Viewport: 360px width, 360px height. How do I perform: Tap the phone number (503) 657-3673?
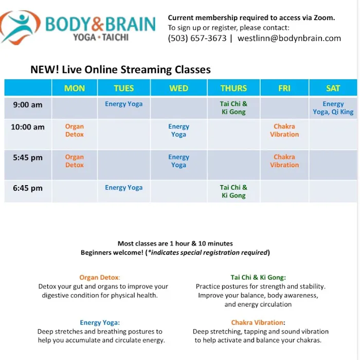pyautogui.click(x=197, y=38)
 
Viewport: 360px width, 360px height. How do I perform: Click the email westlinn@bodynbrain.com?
pyautogui.click(x=289, y=38)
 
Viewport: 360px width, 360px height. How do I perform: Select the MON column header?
pyautogui.click(x=75, y=88)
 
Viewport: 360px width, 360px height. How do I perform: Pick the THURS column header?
pyautogui.click(x=233, y=88)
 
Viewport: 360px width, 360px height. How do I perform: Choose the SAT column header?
pyautogui.click(x=333, y=88)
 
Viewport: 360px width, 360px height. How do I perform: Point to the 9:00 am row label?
pyautogui.click(x=28, y=105)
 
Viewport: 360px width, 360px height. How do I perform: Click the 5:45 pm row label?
pyautogui.click(x=28, y=158)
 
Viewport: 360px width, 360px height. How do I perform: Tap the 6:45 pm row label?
pyautogui.click(x=28, y=188)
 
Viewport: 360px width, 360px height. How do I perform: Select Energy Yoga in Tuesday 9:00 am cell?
pyautogui.click(x=123, y=104)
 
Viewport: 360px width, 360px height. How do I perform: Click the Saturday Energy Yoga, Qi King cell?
pyautogui.click(x=333, y=108)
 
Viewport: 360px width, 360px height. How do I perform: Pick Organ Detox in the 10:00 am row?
pyautogui.click(x=75, y=131)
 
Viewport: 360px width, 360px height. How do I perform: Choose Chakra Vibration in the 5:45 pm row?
pyautogui.click(x=284, y=161)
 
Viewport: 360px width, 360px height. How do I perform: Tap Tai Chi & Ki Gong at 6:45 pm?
pyautogui.click(x=233, y=191)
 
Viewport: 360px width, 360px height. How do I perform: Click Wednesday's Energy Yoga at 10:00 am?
pyautogui.click(x=178, y=131)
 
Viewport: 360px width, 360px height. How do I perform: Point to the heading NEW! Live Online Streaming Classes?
pyautogui.click(x=120, y=70)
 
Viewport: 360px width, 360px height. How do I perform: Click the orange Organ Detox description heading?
pyautogui.click(x=100, y=277)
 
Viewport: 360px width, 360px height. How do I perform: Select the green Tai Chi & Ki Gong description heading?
pyautogui.click(x=258, y=277)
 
